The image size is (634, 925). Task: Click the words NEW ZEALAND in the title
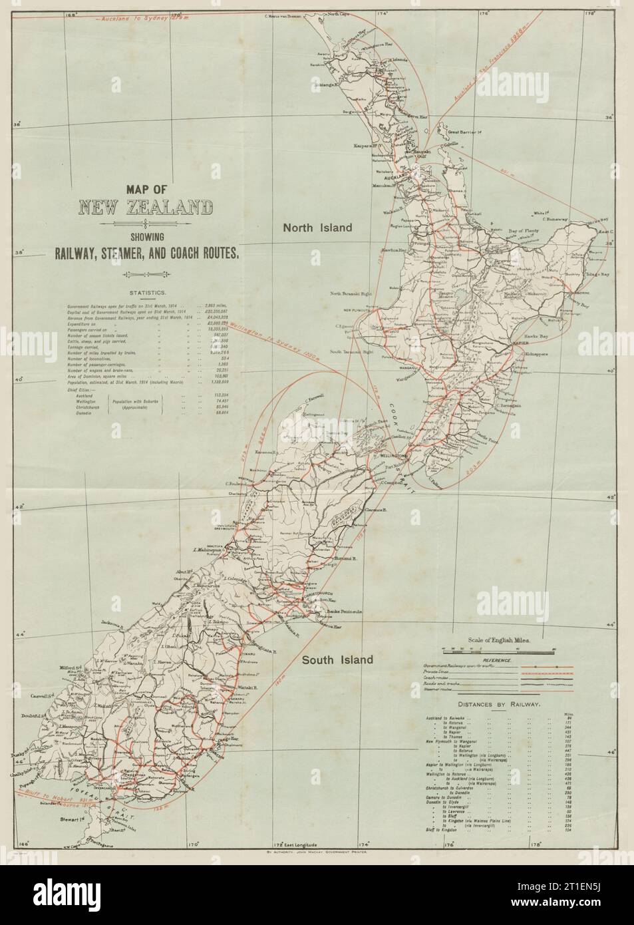click(x=146, y=208)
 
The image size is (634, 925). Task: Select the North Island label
click(x=317, y=228)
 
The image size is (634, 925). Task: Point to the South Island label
click(x=337, y=660)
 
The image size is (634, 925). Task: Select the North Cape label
click(x=339, y=14)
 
